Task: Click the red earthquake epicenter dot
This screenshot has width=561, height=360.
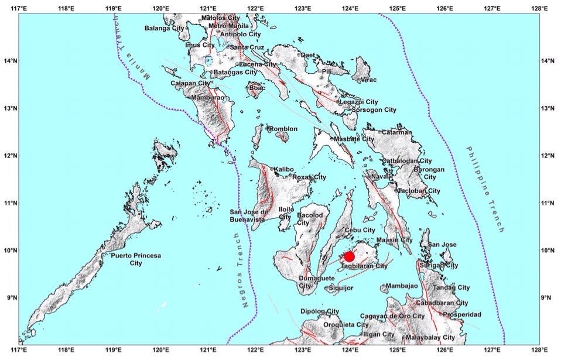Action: coord(350,256)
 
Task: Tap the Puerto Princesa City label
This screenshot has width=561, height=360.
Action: coord(136,259)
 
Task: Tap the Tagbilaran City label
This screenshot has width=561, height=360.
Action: coord(364,266)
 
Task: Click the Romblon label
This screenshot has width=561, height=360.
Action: coord(283,129)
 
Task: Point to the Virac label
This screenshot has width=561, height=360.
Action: coord(368,80)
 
